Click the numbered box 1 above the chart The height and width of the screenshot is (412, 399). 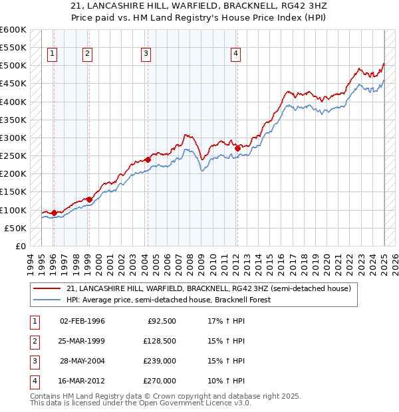click(53, 54)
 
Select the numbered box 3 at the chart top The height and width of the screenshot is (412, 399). click(146, 54)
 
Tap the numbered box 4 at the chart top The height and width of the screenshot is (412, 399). click(236, 54)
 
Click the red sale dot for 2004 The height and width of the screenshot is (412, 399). click(148, 159)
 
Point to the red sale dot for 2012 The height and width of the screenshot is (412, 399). click(237, 148)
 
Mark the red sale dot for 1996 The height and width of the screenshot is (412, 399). click(54, 213)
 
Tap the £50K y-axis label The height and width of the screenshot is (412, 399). click(16, 228)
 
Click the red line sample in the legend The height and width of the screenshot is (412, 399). click(48, 288)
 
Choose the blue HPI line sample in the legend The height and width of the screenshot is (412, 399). click(48, 300)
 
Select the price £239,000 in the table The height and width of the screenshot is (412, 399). click(160, 361)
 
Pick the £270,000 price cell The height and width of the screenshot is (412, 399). click(160, 381)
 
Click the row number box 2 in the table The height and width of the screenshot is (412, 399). click(33, 342)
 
